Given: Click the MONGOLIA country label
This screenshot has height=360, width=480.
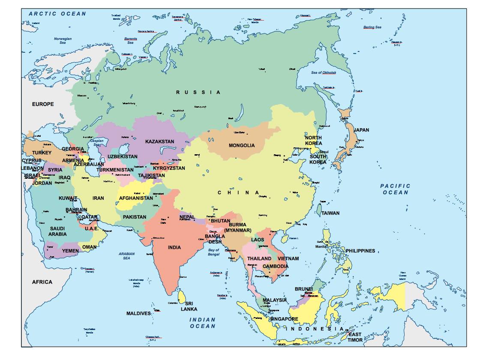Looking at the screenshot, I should click(242, 145).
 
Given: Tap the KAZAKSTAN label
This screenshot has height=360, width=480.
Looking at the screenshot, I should click(159, 141).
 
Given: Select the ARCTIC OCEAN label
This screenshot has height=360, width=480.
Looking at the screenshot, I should click(57, 14).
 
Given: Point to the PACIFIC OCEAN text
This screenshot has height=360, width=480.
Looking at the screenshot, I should click(395, 189).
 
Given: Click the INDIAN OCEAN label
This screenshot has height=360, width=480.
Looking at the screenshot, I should click(203, 323).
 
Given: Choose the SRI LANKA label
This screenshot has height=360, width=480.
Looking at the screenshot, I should click(189, 306).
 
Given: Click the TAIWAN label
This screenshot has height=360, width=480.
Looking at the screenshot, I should click(330, 213).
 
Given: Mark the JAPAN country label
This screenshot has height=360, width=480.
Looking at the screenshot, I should click(361, 130).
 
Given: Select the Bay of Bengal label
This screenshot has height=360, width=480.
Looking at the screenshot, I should click(213, 252).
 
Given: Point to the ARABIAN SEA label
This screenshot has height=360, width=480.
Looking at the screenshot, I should click(126, 256).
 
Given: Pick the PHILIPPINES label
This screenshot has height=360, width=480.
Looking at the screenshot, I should click(360, 251).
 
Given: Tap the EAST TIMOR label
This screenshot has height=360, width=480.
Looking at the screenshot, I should click(355, 337).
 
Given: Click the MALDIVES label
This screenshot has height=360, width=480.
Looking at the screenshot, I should click(138, 313).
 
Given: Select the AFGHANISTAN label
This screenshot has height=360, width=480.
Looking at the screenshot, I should click(136, 198).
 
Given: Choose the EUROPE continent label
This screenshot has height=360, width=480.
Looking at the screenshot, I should click(43, 104).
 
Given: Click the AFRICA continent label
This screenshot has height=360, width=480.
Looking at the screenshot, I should click(42, 282).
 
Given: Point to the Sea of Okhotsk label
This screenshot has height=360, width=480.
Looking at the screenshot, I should click(324, 72).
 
